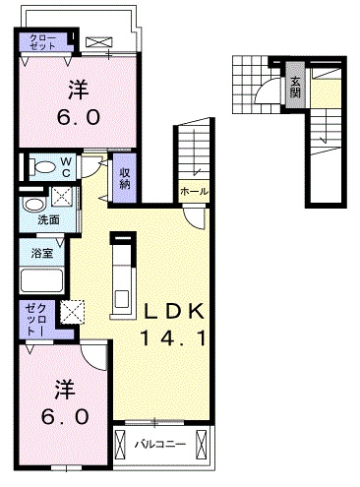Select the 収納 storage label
(x=126, y=178)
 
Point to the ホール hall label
(x=193, y=191)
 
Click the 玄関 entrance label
(x=294, y=87)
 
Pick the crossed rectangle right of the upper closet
(x=99, y=42)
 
